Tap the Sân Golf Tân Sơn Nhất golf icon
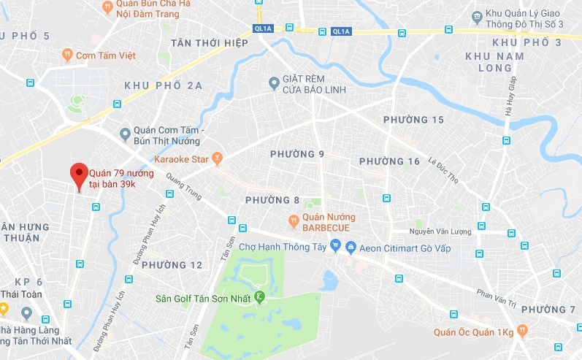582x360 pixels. point(259,297)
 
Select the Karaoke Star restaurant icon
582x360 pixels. point(217,158)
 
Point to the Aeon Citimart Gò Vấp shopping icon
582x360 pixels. point(351,248)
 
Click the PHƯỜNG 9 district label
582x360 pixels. point(296,154)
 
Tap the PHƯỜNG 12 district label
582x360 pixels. point(172,264)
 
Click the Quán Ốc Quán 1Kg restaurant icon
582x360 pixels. point(521,331)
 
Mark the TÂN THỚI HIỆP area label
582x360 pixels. point(210,43)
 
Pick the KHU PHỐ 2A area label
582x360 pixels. point(164,85)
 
